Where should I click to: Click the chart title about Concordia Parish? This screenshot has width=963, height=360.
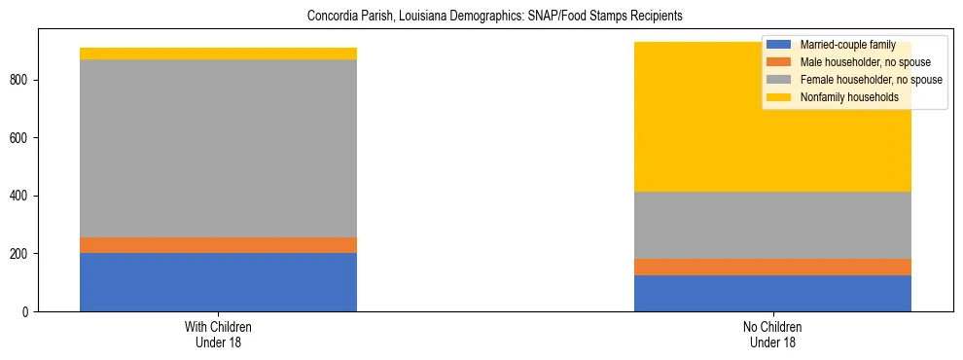pos(481,17)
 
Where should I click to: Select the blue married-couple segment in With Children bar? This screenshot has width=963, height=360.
pos(218,282)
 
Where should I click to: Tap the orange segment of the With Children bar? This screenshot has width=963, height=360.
pos(218,245)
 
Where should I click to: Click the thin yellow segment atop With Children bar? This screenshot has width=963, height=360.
pos(218,54)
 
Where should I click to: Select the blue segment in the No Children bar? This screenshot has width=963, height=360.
pos(772,293)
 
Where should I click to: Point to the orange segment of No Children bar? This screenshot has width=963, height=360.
pos(772,267)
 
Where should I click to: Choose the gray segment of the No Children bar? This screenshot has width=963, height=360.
pos(772,225)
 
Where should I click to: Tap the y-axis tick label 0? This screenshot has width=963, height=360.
pos(27,312)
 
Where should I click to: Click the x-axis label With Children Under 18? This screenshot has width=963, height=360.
pos(218,334)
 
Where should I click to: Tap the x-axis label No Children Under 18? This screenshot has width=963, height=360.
pos(772,334)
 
